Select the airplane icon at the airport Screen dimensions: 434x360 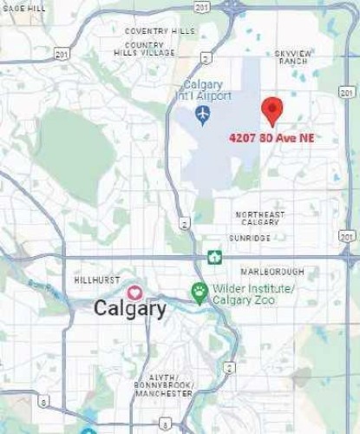pos(203,114)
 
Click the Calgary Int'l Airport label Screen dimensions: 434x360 pos(203,90)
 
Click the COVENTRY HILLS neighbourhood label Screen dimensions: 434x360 pos(160,31)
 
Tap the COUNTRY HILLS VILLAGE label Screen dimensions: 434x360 pos(144,49)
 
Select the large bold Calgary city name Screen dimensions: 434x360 pos(130,308)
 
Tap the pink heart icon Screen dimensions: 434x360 pos(134,293)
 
